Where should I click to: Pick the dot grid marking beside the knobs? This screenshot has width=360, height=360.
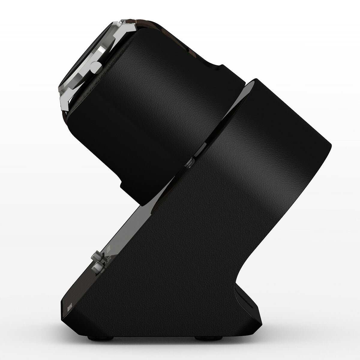(109, 250)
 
